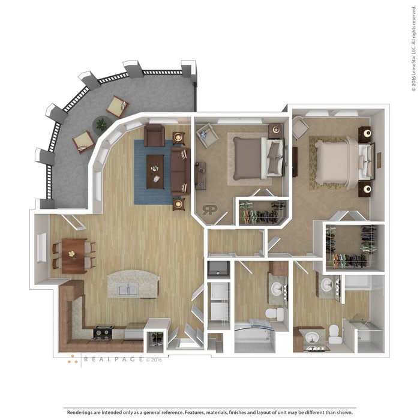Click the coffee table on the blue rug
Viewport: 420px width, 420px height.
(x=155, y=171)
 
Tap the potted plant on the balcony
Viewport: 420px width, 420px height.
(x=101, y=124)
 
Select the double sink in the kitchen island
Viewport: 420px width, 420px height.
(x=128, y=289)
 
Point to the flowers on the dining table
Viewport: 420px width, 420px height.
(x=72, y=253)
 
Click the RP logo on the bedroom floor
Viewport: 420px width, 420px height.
(x=210, y=210)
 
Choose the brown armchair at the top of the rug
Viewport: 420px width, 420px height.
(x=154, y=136)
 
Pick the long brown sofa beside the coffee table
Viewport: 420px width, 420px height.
(x=179, y=171)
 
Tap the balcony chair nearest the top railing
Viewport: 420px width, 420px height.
(x=117, y=107)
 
